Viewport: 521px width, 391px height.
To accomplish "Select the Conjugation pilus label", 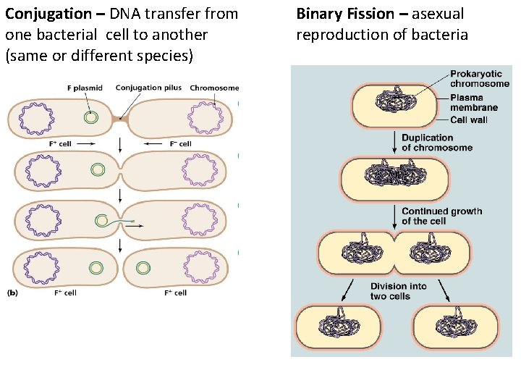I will click(x=149, y=88).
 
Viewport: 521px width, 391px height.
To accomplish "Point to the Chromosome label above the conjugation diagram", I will click(x=214, y=88).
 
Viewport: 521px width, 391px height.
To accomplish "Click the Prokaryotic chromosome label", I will click(x=480, y=78).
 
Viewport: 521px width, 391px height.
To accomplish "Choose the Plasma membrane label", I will click(x=473, y=103).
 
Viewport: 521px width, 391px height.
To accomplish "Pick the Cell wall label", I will click(x=468, y=119).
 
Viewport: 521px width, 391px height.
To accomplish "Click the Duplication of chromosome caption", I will click(x=437, y=143).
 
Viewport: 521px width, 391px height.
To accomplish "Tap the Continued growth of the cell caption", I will click(x=441, y=216).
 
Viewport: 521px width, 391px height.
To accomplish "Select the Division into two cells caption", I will click(x=399, y=291).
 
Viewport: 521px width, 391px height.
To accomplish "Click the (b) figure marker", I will click(x=13, y=293).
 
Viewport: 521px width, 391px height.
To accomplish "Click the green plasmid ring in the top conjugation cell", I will click(x=90, y=117).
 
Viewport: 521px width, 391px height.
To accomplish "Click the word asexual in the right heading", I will click(x=439, y=14).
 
